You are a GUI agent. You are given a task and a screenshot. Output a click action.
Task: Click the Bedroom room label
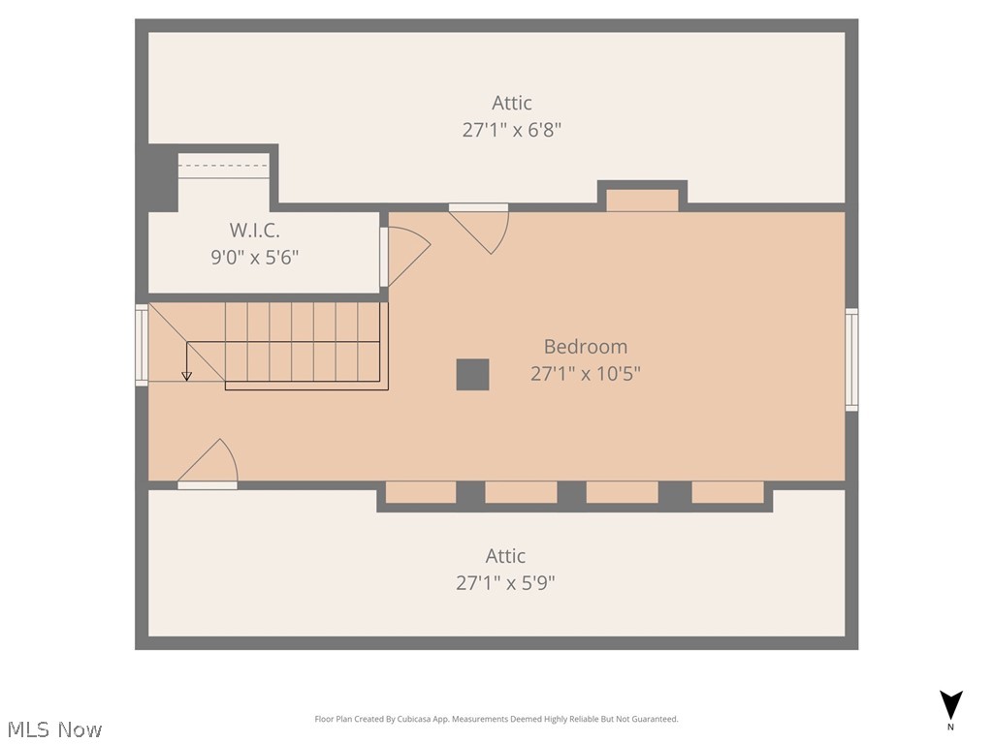pyautogui.click(x=585, y=347)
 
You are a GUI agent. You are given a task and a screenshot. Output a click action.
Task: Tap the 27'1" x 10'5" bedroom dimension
pyautogui.click(x=585, y=373)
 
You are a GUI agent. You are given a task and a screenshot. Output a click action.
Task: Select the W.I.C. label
pyautogui.click(x=254, y=231)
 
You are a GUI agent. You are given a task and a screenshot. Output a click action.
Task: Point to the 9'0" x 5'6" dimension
pyautogui.click(x=254, y=258)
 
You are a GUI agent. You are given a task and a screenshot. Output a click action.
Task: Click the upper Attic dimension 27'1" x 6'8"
pyautogui.click(x=511, y=130)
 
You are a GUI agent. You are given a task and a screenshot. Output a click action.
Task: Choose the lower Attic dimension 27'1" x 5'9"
pyautogui.click(x=505, y=583)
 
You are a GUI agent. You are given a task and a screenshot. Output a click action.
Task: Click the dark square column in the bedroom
pyautogui.click(x=472, y=375)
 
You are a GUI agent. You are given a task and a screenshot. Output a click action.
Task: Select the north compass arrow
pyautogui.click(x=951, y=705)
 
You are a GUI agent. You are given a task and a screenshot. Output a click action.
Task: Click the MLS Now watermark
pyautogui.click(x=54, y=728)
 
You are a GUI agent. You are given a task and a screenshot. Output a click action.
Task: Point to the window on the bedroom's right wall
pyautogui.click(x=851, y=359)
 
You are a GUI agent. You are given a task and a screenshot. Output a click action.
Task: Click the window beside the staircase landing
pyautogui.click(x=142, y=345)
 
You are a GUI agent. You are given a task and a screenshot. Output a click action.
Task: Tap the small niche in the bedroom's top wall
pyautogui.click(x=642, y=200)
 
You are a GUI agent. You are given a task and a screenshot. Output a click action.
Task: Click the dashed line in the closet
pyautogui.click(x=224, y=166)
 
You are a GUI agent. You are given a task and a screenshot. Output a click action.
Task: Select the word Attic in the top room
pyautogui.click(x=511, y=103)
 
